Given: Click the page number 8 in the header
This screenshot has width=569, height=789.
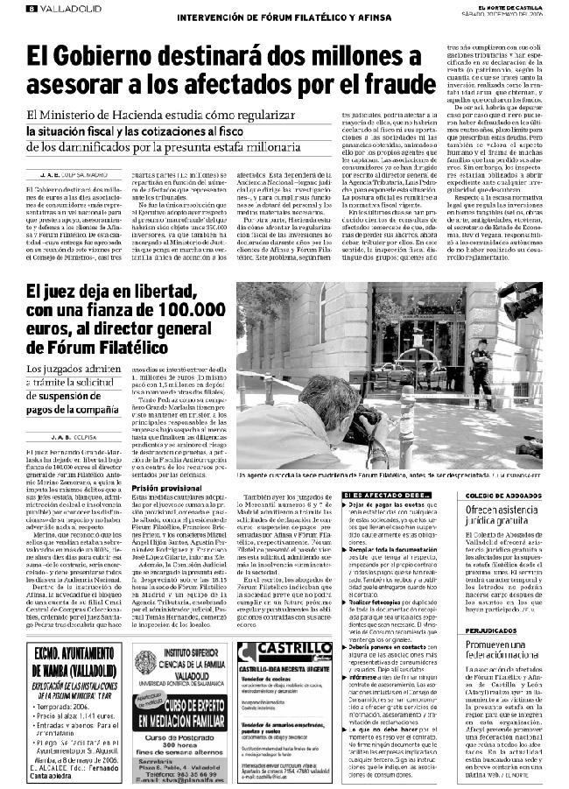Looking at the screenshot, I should tap(31, 9).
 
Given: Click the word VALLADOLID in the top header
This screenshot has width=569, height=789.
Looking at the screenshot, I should tap(62, 9).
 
